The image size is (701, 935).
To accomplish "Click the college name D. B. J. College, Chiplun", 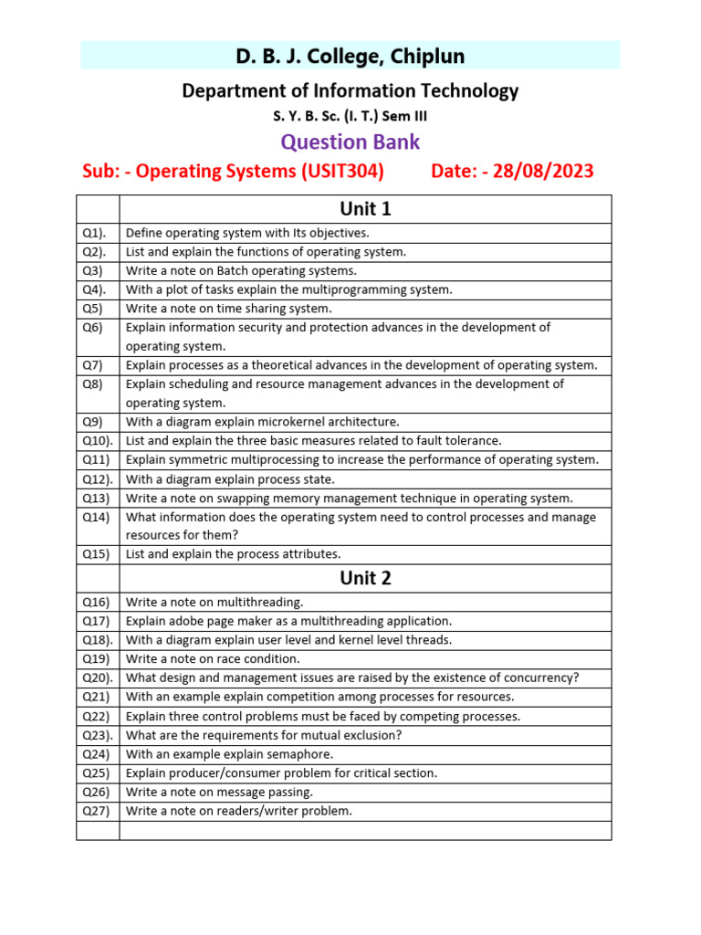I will [x=350, y=57].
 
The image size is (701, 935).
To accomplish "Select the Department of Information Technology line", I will [x=350, y=90].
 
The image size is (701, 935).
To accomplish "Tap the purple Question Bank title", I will [x=350, y=142].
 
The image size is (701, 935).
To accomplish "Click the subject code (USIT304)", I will [x=340, y=171].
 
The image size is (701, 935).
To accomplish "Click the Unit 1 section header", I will [x=365, y=209].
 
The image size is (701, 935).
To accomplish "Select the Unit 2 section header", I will [x=365, y=578].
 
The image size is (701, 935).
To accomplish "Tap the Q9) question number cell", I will [x=93, y=422].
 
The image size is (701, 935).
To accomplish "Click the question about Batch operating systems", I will [x=241, y=271].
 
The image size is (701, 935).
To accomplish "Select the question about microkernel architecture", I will [x=262, y=422].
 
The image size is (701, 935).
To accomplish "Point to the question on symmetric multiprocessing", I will [x=361, y=460].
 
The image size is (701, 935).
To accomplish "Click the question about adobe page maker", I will [x=288, y=621].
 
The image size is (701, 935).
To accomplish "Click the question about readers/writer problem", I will [x=238, y=811].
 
